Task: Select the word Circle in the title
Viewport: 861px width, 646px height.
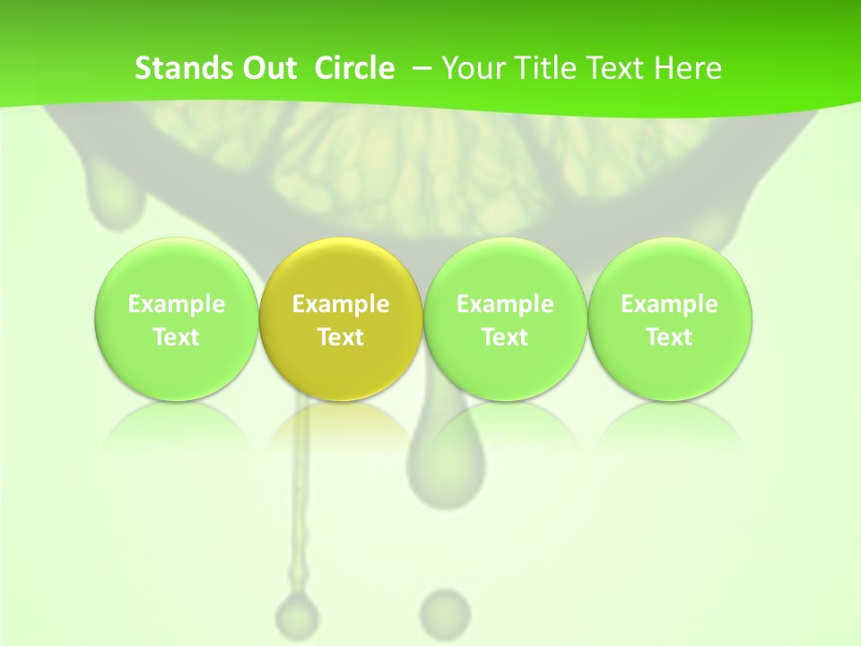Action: pos(354,68)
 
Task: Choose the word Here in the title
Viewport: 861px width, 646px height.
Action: pos(688,68)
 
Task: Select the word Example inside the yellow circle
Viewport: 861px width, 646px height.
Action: pos(341,304)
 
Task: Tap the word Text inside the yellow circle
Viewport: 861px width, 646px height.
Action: pos(341,337)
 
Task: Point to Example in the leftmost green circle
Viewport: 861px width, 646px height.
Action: pos(176,304)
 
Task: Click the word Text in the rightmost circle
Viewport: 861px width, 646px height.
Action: pos(669,337)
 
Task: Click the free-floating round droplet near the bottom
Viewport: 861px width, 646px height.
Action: pos(445,610)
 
